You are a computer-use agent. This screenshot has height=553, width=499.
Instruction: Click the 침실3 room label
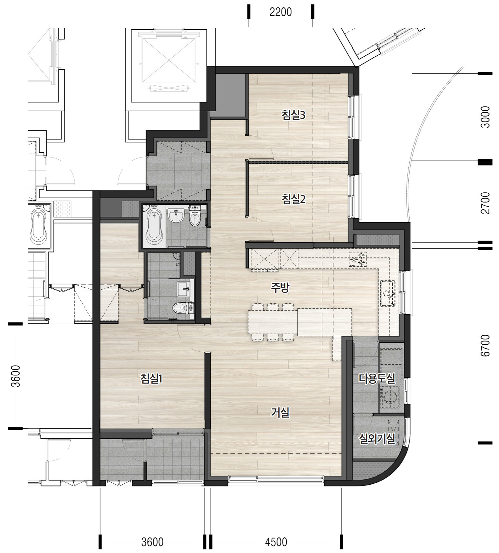point(293,115)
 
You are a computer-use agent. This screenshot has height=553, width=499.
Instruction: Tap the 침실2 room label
point(293,199)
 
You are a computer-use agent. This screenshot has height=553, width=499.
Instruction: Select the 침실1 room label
point(151,379)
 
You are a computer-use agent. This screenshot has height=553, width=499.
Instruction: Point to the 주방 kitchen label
point(280,288)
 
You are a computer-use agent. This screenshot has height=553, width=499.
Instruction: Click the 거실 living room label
point(280,412)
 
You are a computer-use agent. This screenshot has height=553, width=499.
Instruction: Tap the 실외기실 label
point(377,438)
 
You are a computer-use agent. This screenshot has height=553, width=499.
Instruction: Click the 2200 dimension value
point(280,12)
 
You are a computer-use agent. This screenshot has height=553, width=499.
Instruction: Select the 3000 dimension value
point(485,117)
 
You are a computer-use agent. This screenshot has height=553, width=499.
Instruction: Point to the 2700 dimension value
point(485,203)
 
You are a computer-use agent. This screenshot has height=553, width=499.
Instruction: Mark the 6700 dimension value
point(485,346)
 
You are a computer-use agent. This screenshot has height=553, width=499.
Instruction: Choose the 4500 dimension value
point(276,542)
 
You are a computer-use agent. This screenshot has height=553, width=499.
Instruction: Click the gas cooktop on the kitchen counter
point(358,259)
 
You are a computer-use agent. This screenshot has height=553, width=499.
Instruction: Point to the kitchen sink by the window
point(388,293)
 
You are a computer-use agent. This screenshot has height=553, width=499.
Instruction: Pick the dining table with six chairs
point(273,323)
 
